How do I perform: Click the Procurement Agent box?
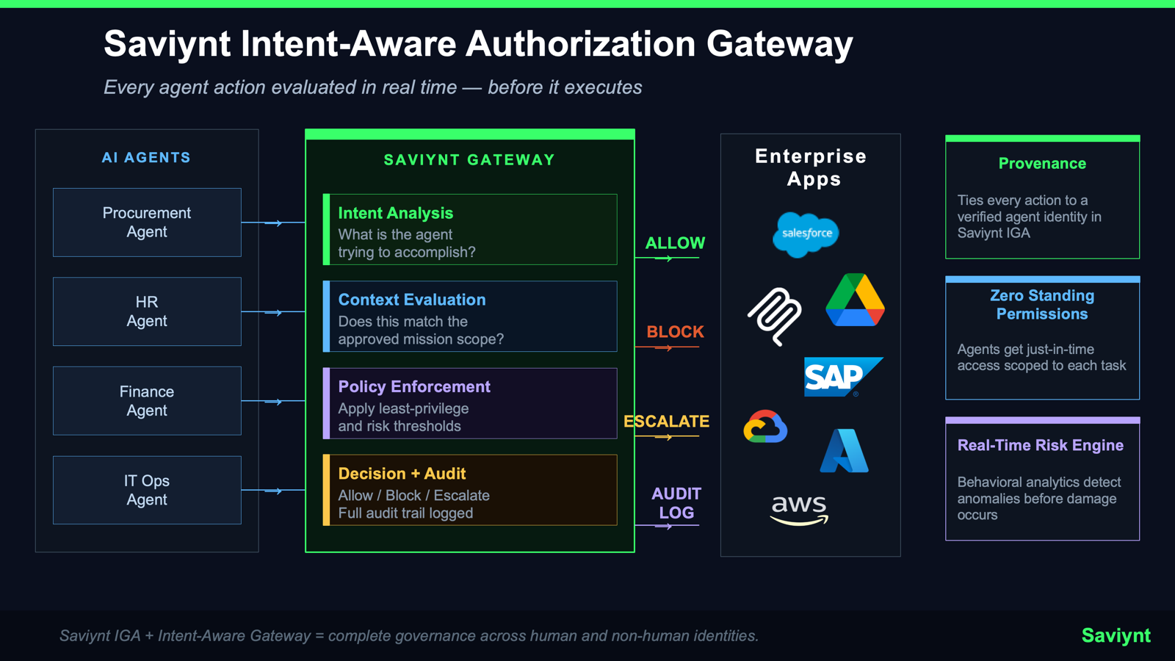147,223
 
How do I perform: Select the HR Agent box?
147,311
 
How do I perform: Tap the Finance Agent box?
147,401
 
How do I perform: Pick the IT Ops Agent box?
147,490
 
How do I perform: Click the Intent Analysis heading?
395,213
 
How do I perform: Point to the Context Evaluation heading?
411,300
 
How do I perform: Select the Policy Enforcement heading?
413,386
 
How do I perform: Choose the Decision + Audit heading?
402,474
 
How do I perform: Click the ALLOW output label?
675,243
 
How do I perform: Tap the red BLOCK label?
675,332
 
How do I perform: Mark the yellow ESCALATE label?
666,422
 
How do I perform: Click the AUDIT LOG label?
676,503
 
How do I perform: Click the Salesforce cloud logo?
806,234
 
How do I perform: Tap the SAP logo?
840,377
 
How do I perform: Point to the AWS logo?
799,509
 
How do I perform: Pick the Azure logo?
844,450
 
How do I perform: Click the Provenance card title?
1041,164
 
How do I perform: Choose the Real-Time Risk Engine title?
1040,445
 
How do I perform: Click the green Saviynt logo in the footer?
1116,635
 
